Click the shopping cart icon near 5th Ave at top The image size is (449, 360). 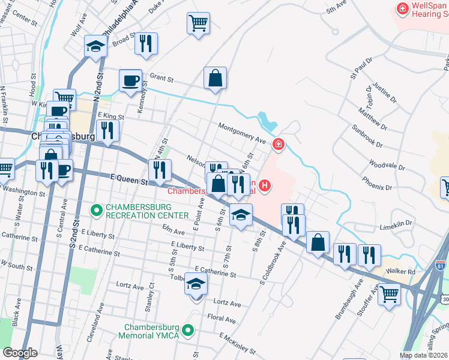pos(198,23)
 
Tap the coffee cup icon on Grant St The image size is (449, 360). pos(130,80)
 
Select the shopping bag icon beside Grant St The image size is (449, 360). pos(215,78)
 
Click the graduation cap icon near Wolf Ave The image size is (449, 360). pos(95,47)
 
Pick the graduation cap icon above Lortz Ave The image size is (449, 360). pos(196,283)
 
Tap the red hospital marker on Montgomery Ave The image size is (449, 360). pos(278,144)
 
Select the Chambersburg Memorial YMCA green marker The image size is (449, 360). pos(188,330)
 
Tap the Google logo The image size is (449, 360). pos(20,353)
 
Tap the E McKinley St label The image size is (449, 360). pos(237,341)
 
